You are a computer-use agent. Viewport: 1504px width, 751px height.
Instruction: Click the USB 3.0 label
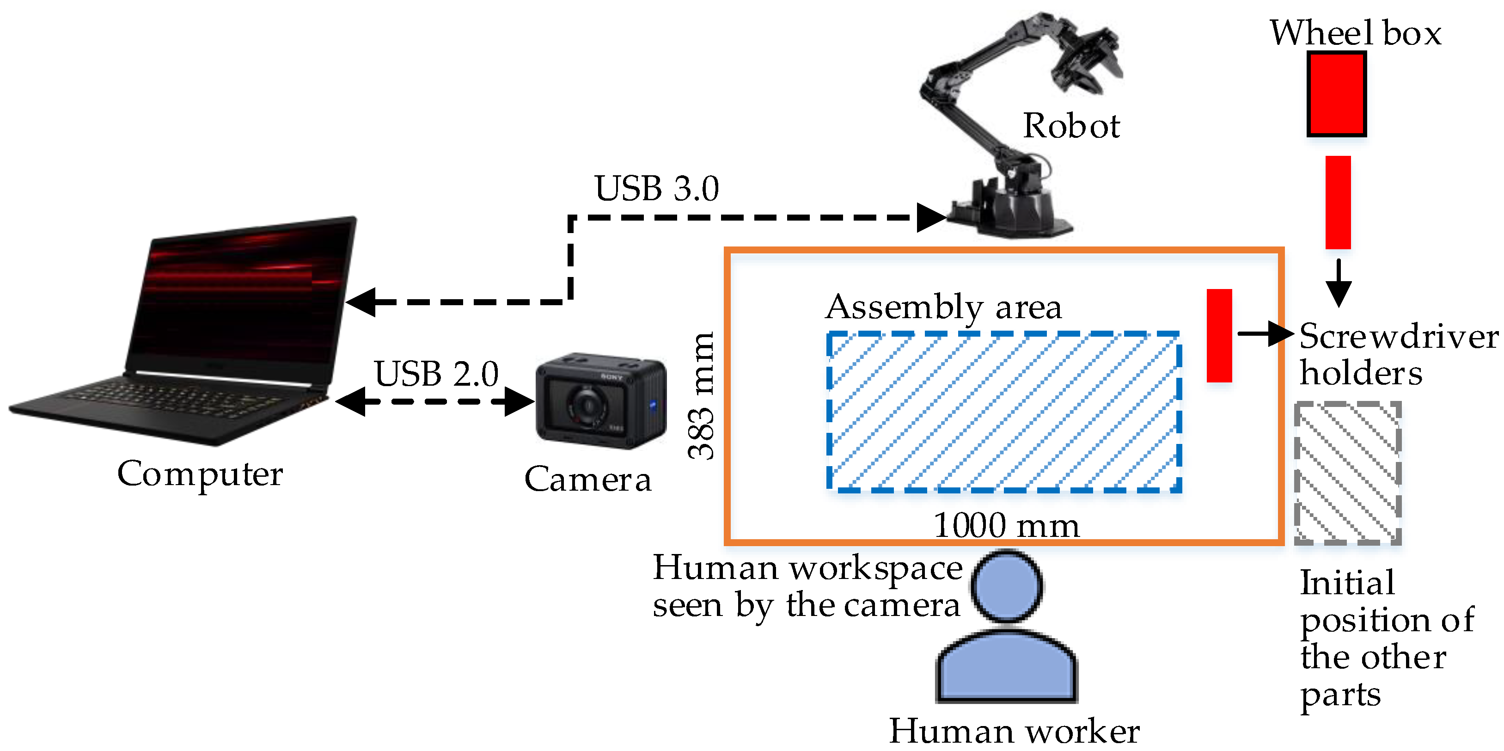[657, 188]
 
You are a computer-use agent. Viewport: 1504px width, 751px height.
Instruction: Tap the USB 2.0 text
[436, 374]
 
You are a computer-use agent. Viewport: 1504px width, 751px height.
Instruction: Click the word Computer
[200, 474]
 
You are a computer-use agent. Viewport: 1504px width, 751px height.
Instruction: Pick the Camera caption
[587, 480]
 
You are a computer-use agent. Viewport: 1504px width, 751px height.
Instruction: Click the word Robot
[1071, 126]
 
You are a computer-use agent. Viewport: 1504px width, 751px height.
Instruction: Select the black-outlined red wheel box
[1336, 94]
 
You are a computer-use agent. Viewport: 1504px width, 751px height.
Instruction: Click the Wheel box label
[1355, 33]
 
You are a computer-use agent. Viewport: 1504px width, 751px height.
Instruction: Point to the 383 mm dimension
[701, 396]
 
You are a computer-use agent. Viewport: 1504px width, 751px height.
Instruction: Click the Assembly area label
[943, 307]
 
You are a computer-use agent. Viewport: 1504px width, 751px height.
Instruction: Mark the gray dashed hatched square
[1347, 473]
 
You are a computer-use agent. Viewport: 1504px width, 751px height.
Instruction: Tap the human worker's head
[1007, 586]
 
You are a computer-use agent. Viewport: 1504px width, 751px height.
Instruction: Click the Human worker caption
[1014, 731]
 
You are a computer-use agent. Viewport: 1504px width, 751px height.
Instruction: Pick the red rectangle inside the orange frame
[1219, 336]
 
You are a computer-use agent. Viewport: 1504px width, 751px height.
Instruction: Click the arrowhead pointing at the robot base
[931, 218]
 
